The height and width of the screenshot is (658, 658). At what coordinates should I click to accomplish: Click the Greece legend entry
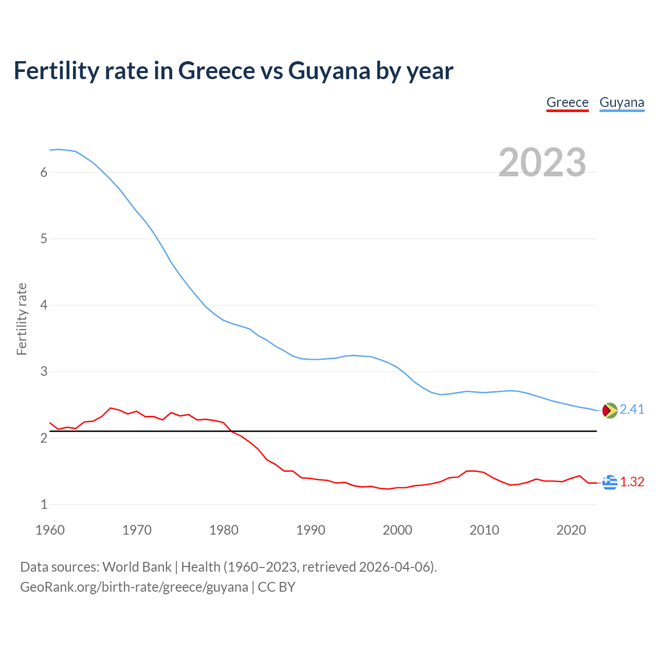(x=567, y=102)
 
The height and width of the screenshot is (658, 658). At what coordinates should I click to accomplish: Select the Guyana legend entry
(x=622, y=102)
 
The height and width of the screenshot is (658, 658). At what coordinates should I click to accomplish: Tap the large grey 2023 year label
(x=542, y=162)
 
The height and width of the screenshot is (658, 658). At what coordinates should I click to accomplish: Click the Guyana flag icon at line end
(x=610, y=410)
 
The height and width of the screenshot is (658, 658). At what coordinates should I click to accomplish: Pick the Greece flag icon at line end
(x=610, y=482)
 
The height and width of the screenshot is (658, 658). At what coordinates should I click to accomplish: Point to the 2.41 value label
(x=632, y=409)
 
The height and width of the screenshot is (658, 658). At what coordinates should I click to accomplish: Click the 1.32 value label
(x=632, y=482)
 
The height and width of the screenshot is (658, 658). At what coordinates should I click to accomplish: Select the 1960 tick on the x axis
(x=50, y=530)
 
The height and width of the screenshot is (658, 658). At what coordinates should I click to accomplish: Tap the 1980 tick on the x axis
(x=224, y=530)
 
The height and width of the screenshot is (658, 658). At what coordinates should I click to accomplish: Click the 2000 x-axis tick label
(x=397, y=530)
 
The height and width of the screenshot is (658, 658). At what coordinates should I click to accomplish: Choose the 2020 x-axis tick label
(x=571, y=530)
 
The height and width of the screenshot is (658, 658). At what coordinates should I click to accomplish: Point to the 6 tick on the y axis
(x=44, y=173)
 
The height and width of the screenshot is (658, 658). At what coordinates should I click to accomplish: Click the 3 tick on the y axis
(x=44, y=372)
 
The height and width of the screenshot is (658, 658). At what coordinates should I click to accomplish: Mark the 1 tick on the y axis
(x=44, y=505)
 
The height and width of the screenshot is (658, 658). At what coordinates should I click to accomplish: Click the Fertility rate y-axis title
(x=22, y=319)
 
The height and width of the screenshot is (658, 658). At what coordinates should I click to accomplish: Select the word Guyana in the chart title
(x=329, y=71)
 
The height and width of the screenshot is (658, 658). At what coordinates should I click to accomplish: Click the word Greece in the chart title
(x=216, y=71)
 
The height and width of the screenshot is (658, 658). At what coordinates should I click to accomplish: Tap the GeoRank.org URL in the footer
(x=134, y=587)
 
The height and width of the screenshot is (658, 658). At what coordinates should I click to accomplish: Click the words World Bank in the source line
(x=137, y=567)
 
